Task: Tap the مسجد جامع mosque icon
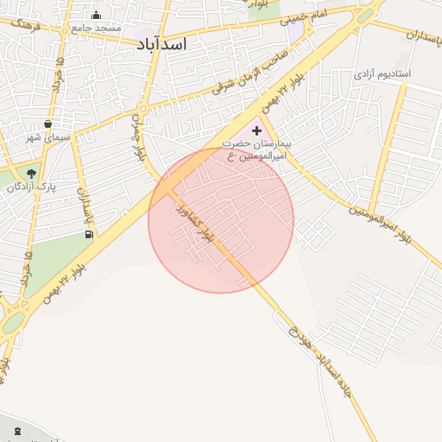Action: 96,16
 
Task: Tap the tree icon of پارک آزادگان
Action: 32,173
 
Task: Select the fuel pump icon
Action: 89,234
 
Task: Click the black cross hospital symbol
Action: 256,129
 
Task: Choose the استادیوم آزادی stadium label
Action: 381,74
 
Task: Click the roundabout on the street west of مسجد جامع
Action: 65,29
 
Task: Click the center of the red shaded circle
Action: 221,221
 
